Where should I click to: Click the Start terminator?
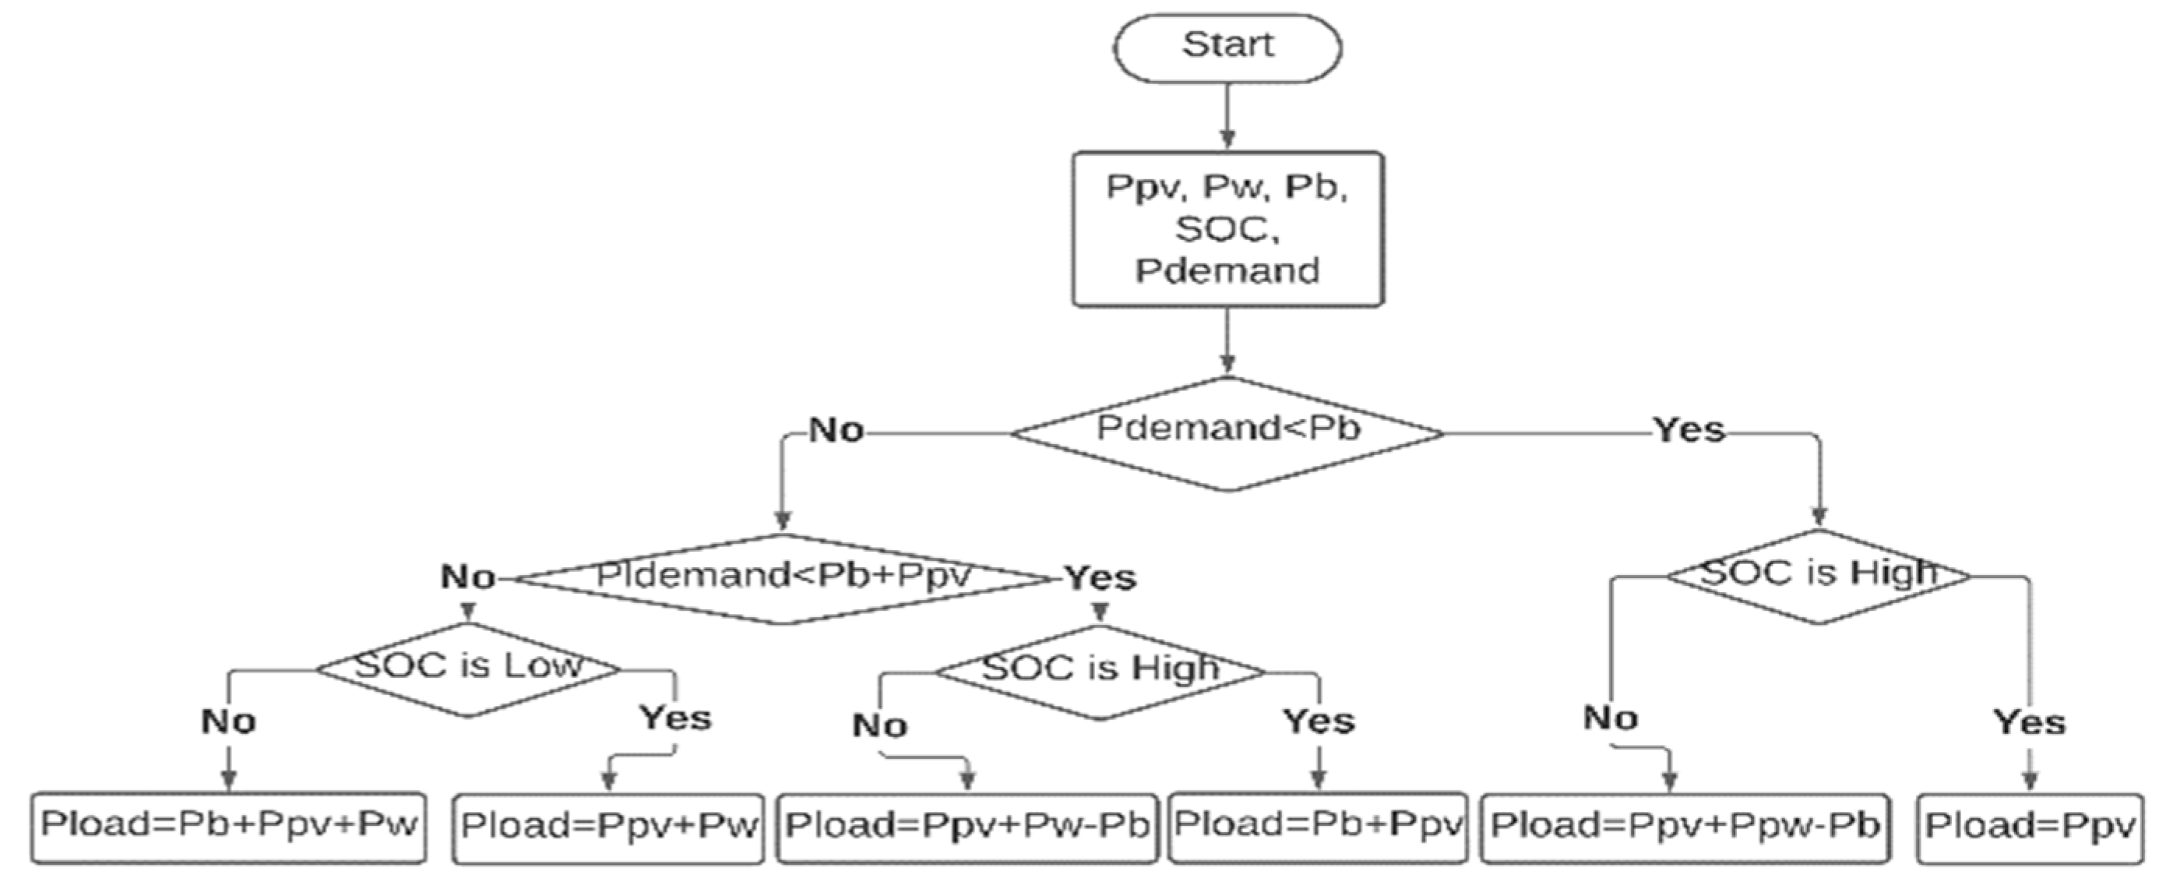[x=1227, y=47]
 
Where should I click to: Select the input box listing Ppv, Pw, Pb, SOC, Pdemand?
[x=1227, y=229]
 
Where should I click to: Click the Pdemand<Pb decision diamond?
[x=1227, y=432]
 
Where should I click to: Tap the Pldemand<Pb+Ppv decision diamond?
[x=782, y=578]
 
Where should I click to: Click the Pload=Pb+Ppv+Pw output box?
[x=229, y=827]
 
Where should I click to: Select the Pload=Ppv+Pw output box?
[x=608, y=827]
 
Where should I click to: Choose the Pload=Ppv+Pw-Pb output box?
[x=967, y=827]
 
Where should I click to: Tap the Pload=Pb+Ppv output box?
[x=1318, y=827]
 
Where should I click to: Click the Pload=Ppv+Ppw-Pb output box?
[x=1685, y=827]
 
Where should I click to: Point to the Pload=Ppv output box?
[x=2029, y=827]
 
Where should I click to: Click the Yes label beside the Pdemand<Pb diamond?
[x=1689, y=430]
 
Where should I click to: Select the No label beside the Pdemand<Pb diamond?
[x=836, y=430]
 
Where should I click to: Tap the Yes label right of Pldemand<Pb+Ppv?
[x=1100, y=577]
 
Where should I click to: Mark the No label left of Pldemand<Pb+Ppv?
[x=467, y=577]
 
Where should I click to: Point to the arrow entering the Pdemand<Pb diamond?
[x=1227, y=340]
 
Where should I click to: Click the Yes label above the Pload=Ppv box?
[x=2029, y=721]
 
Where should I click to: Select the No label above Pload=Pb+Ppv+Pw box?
[x=228, y=721]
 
